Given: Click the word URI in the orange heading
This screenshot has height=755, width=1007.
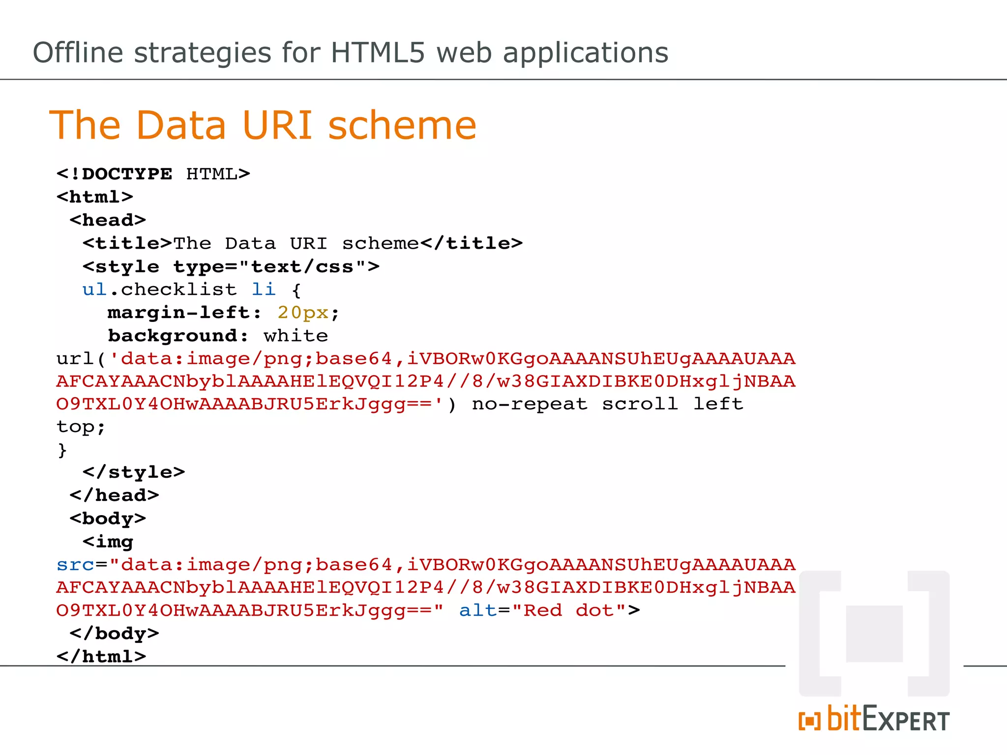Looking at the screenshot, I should point(277,125).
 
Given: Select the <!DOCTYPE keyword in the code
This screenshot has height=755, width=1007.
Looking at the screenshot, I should point(114,174).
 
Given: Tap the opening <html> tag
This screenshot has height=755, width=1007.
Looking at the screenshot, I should point(94,197).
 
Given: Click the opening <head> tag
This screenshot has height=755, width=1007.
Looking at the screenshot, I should point(108,220).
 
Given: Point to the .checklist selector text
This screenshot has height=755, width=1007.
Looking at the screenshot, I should point(173,290).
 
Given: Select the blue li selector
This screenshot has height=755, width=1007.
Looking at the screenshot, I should point(264,290).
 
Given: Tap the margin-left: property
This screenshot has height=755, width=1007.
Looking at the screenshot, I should point(184,313).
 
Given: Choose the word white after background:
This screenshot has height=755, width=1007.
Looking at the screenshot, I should point(296,336).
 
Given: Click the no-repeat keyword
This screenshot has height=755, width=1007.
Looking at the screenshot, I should point(530,404).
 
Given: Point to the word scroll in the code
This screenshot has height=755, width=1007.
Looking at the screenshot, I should point(640,404).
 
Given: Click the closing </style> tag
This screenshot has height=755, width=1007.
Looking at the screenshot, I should point(134,472).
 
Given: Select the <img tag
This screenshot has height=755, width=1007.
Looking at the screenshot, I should point(108,542).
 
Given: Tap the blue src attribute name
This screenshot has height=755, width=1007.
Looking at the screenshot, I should point(75,565).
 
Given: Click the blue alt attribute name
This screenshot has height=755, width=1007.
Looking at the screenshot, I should point(478,610).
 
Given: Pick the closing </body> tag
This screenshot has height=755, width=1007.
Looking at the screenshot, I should point(114,634).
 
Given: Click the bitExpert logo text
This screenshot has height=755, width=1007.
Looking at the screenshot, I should point(874,720).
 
